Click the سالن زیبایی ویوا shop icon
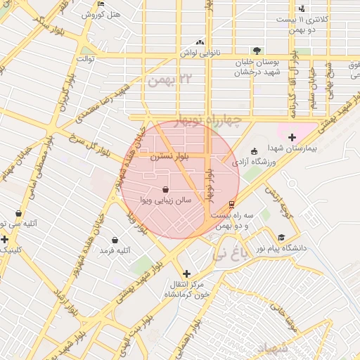[165, 190]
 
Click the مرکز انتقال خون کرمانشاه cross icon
[186, 274]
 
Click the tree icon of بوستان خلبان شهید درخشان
[257, 50]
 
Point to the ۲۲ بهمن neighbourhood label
[169, 78]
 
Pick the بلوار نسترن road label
[169, 157]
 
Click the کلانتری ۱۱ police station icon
[302, 8]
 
